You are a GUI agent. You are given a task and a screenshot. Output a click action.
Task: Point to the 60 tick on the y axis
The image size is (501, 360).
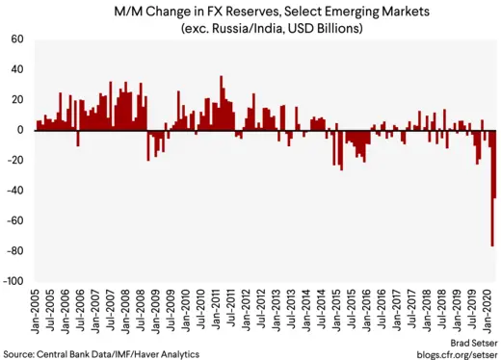17,39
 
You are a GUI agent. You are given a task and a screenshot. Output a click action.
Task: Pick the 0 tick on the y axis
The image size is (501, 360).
21,130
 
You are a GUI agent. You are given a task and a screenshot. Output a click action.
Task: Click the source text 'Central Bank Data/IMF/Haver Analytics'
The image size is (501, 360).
100,352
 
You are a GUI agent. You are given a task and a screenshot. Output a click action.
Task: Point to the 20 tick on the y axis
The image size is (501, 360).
17,100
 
